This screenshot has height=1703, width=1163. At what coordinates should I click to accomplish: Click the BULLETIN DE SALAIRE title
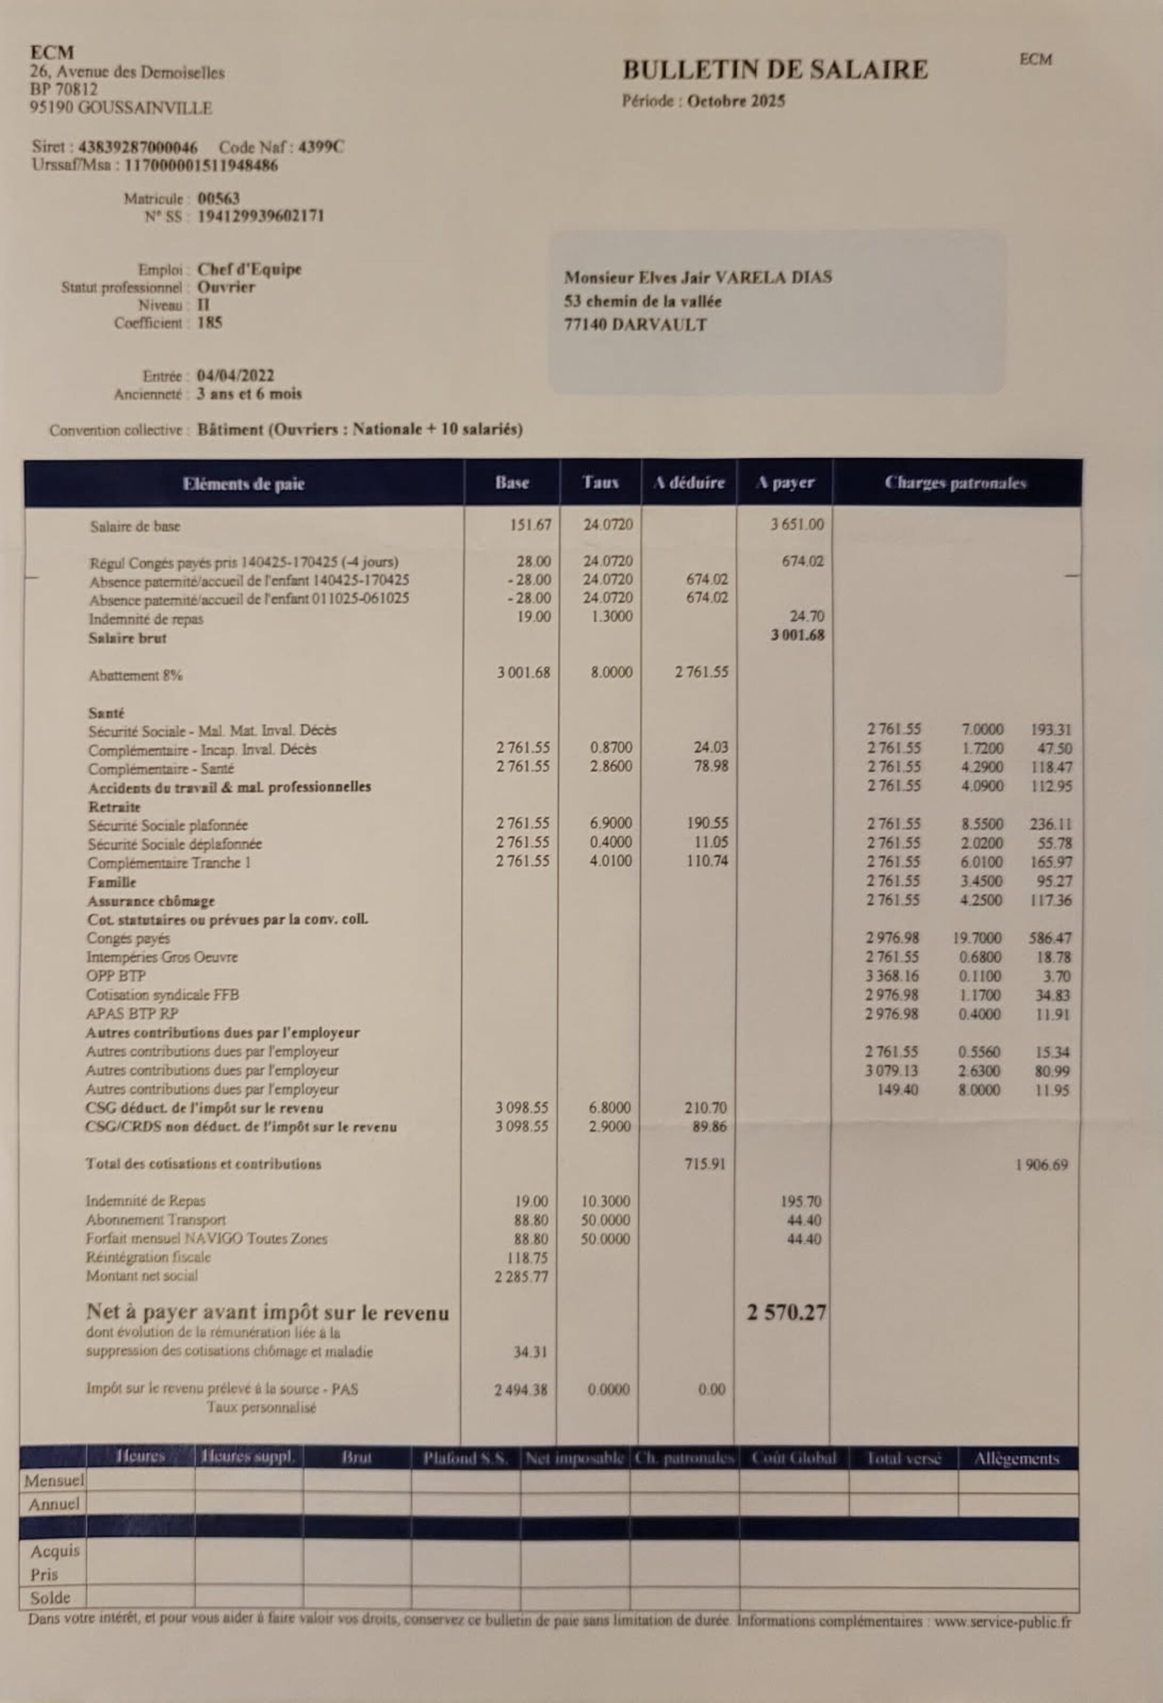775,70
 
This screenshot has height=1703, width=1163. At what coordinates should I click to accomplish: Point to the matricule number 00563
219,198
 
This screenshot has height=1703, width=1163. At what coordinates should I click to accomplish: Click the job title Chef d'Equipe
249,269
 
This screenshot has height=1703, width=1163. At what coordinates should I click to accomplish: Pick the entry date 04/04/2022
236,376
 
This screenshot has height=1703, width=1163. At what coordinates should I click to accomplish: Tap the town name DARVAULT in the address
659,324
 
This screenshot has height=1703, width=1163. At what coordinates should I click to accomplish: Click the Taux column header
600,482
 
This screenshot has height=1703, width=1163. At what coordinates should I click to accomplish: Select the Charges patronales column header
955,482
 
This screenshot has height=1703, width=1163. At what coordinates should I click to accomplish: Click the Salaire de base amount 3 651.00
797,524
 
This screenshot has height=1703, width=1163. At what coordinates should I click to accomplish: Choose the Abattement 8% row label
135,676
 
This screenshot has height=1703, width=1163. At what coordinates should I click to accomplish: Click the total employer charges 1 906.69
1041,1165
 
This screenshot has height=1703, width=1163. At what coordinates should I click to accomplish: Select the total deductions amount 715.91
704,1163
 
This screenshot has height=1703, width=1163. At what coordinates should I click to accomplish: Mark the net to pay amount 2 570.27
786,1312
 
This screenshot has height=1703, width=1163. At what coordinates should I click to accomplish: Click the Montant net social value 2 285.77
521,1276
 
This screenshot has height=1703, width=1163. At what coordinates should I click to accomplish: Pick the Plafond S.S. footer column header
465,1458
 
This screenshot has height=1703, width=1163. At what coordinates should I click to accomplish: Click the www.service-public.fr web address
1002,1622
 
